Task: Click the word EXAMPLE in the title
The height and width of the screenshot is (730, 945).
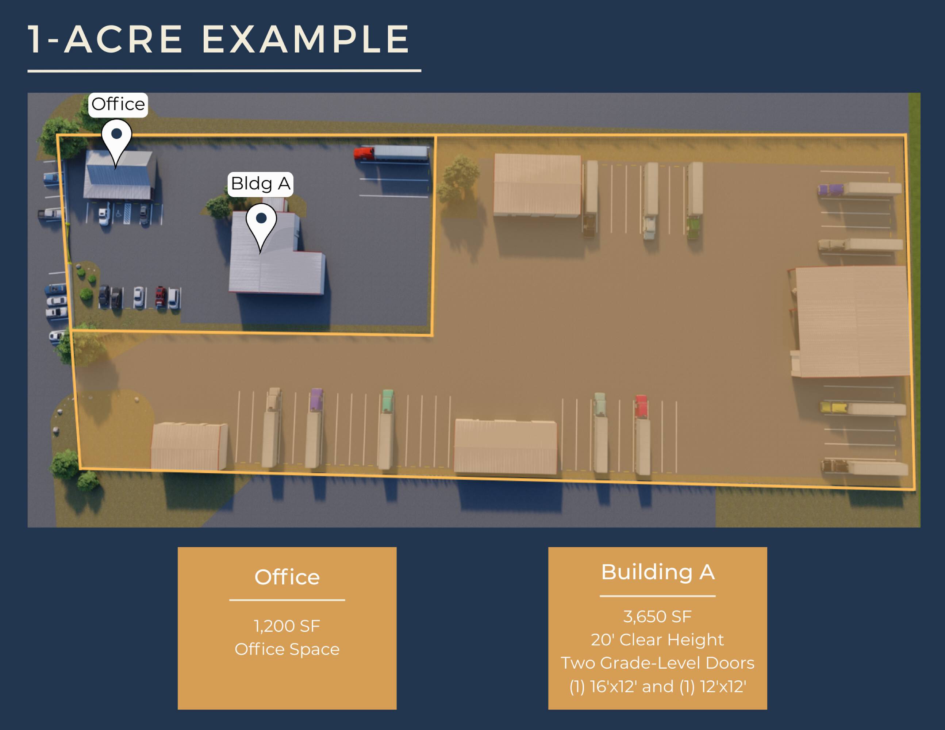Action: click(x=306, y=39)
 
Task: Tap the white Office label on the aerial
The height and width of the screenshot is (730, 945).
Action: click(x=118, y=105)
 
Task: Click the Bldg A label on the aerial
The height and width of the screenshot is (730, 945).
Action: click(x=261, y=184)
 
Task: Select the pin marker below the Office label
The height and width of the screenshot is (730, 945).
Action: click(x=116, y=143)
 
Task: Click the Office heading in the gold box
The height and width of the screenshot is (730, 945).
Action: click(x=287, y=577)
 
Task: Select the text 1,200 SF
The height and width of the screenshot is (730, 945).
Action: click(x=287, y=626)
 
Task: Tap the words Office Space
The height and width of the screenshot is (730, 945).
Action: click(x=287, y=649)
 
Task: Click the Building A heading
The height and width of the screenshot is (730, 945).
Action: click(x=658, y=572)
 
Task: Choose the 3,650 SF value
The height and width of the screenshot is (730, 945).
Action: click(x=658, y=616)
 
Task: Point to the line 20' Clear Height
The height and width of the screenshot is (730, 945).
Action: click(x=658, y=639)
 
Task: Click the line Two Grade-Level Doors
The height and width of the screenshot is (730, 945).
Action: click(x=658, y=663)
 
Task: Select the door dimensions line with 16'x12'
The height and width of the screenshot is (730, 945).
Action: click(x=658, y=687)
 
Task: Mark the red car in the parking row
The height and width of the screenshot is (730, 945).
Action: click(x=161, y=296)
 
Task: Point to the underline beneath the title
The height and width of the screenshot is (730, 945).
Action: click(x=224, y=70)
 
